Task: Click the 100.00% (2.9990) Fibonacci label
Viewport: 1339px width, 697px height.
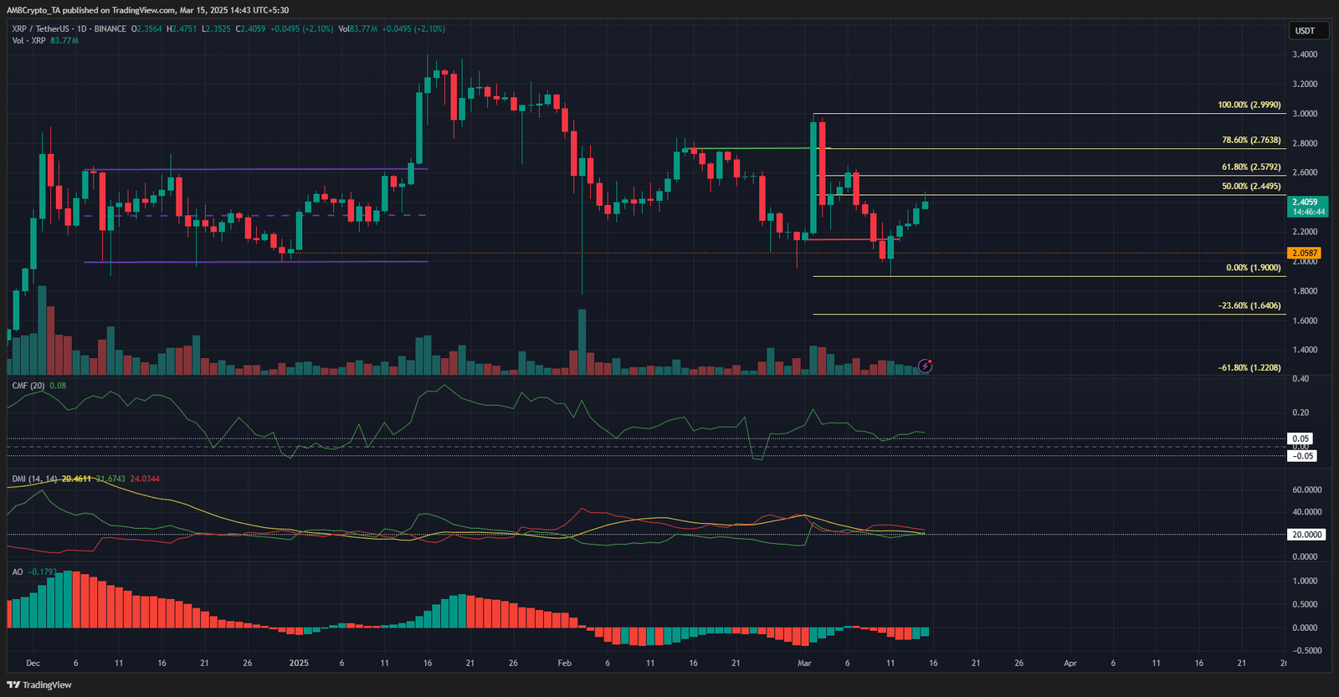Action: click(x=1249, y=105)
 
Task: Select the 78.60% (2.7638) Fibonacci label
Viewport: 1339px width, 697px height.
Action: click(x=1250, y=141)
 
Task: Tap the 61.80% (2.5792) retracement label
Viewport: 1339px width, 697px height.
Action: click(x=1250, y=167)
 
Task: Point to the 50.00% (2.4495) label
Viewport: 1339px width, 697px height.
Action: click(x=1250, y=187)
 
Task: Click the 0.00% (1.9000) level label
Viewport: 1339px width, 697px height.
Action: click(x=1253, y=269)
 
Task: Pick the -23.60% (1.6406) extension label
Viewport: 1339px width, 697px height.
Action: click(x=1249, y=306)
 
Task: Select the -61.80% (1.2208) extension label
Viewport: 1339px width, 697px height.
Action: click(x=1249, y=368)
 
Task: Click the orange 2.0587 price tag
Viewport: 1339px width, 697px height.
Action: click(x=1305, y=253)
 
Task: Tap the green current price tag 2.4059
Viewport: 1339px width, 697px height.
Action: click(x=1305, y=202)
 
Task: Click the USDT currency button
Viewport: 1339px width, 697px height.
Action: click(x=1305, y=31)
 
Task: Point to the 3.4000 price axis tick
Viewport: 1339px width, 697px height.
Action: click(x=1305, y=54)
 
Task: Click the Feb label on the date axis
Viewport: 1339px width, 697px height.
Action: click(x=565, y=664)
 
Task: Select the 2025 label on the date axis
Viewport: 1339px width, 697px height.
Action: click(x=299, y=664)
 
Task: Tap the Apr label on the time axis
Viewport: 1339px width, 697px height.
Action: click(x=1070, y=664)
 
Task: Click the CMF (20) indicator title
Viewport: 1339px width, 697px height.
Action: click(x=28, y=386)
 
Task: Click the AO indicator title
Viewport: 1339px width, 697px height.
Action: click(x=18, y=572)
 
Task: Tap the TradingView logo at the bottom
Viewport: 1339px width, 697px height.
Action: click(x=39, y=685)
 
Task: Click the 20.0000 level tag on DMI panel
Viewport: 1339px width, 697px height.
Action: click(x=1306, y=535)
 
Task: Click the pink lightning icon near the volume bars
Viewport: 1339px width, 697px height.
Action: click(x=926, y=366)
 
